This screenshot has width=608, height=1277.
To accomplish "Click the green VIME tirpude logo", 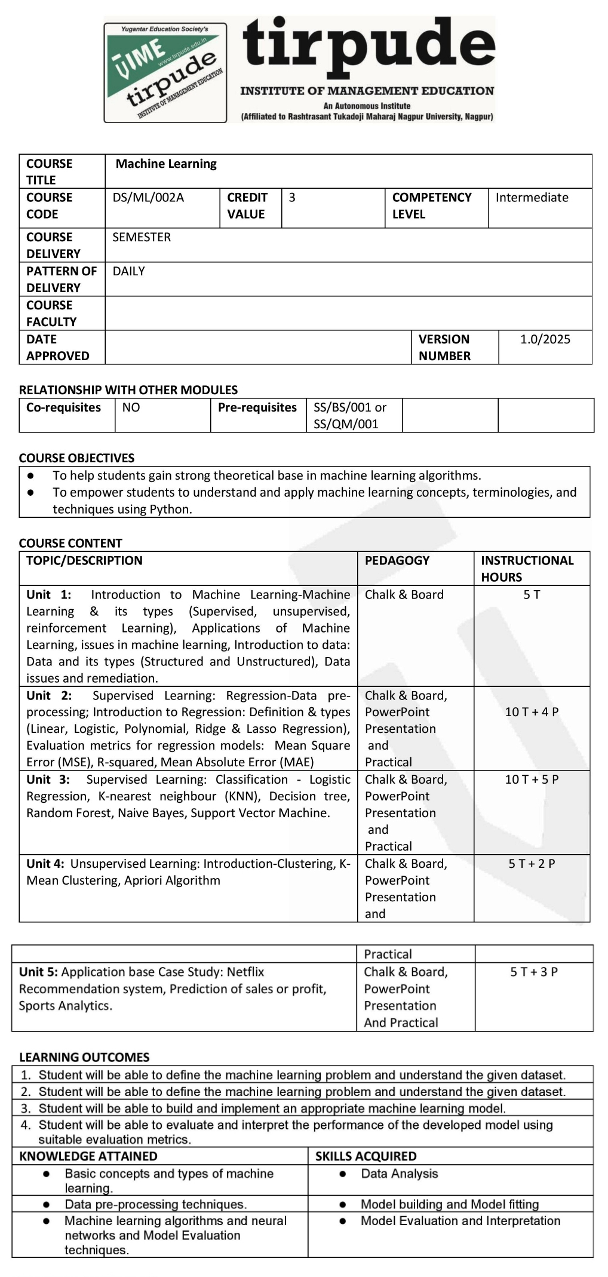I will (165, 73).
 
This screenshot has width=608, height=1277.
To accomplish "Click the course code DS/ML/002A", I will (148, 198).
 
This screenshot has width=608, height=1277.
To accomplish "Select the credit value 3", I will (292, 198).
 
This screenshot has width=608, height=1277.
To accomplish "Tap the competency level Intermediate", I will (532, 198).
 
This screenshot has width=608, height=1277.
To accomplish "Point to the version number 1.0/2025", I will (545, 339).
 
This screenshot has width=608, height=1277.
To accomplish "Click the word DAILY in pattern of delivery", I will (128, 271).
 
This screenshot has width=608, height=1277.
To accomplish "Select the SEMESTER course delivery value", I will (142, 237).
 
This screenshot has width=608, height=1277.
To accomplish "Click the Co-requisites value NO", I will (131, 407).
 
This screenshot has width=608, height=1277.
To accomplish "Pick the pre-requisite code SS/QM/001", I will (346, 424).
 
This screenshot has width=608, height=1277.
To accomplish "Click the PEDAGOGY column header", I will (397, 560).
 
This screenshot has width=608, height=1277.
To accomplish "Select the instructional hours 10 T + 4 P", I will (532, 712).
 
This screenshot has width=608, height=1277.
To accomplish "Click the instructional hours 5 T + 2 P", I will (532, 864).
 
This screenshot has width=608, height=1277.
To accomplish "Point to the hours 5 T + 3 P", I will (534, 972).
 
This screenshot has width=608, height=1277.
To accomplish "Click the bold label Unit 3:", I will (48, 779).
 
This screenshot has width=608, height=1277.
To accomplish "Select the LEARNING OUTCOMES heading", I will (84, 1057).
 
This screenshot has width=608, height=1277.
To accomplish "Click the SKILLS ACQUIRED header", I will (366, 1156).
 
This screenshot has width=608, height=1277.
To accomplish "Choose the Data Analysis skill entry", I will (399, 1174).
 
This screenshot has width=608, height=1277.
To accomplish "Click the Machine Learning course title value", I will (166, 164).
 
